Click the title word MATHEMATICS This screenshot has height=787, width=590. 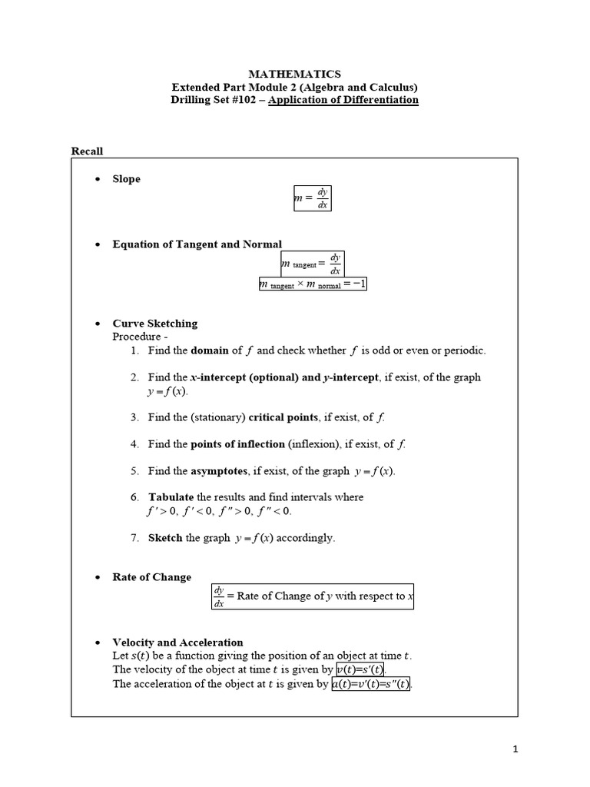[x=295, y=74]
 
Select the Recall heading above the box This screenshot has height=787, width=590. [x=87, y=151]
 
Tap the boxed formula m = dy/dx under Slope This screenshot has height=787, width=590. [x=312, y=198]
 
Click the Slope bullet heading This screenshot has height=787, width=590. [x=127, y=179]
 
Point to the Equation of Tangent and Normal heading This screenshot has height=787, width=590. [x=197, y=244]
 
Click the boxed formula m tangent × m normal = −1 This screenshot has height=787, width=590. [x=313, y=284]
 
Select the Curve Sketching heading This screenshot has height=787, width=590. [x=154, y=324]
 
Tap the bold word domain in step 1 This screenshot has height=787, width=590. [x=210, y=350]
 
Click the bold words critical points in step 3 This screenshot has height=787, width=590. [x=290, y=417]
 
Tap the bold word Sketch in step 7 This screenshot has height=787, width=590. [x=165, y=538]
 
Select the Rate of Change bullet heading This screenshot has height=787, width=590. [x=152, y=577]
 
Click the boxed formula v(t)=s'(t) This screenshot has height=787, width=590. [x=360, y=669]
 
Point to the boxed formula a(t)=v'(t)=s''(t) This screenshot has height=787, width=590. [x=371, y=684]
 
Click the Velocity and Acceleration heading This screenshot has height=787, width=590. [x=177, y=643]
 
